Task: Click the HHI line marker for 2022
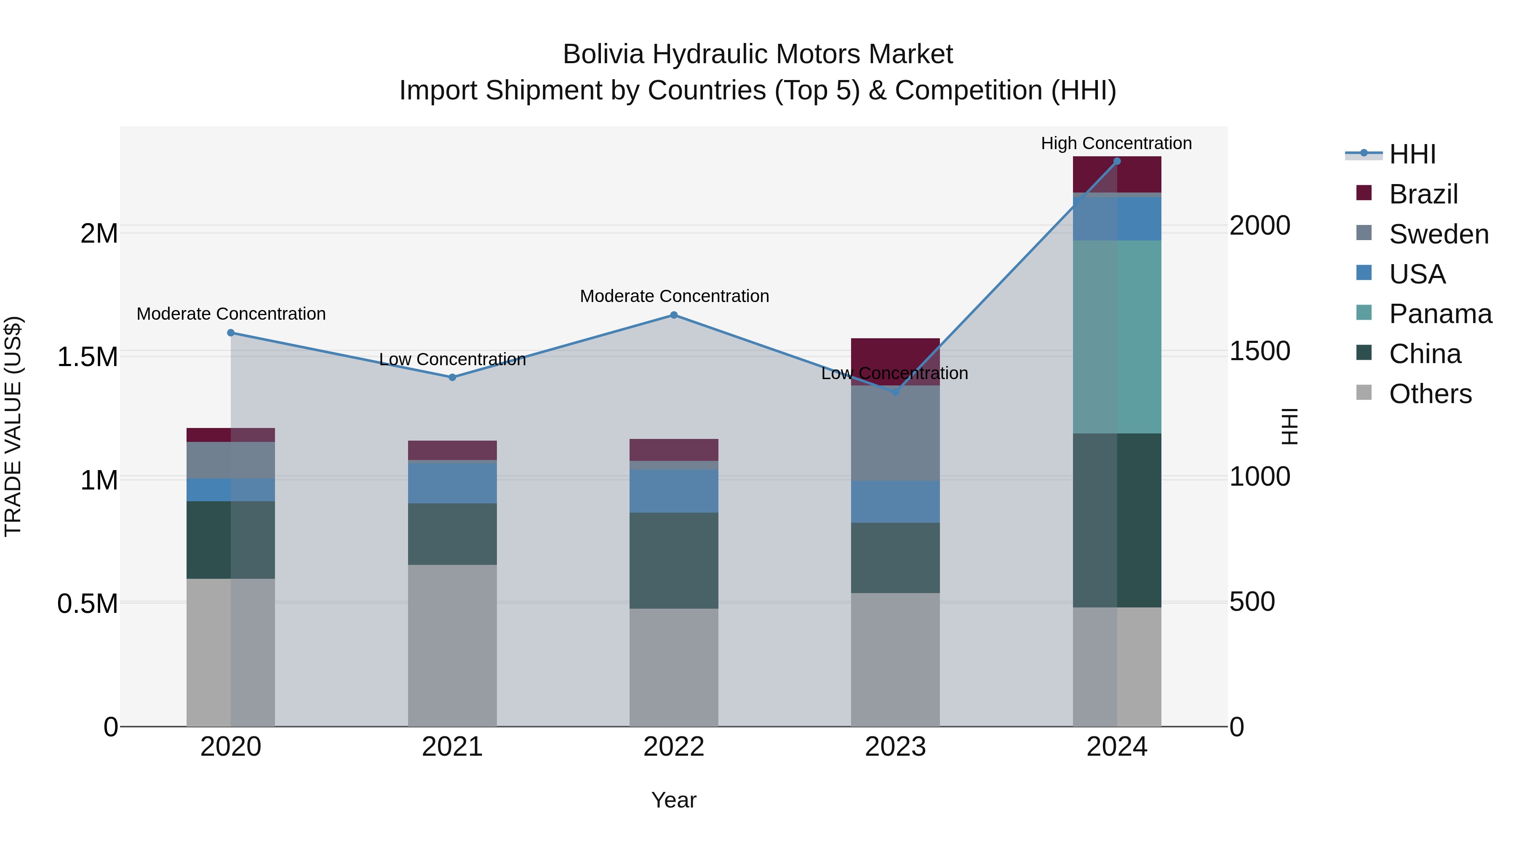(674, 315)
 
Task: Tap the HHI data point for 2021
(452, 377)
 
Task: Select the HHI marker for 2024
(1117, 161)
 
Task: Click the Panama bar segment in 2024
(1117, 337)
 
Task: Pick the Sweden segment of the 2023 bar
(895, 433)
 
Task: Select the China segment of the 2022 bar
(674, 560)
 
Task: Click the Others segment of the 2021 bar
(452, 645)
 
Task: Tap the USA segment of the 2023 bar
(895, 502)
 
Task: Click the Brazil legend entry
(1423, 194)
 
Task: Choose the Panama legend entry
(1440, 314)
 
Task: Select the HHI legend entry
(1412, 154)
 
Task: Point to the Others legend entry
(1430, 394)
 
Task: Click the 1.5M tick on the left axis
(88, 357)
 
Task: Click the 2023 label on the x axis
(895, 747)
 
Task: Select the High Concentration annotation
(1116, 143)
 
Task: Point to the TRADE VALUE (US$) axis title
(13, 426)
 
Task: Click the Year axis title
(674, 800)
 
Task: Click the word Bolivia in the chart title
(603, 54)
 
